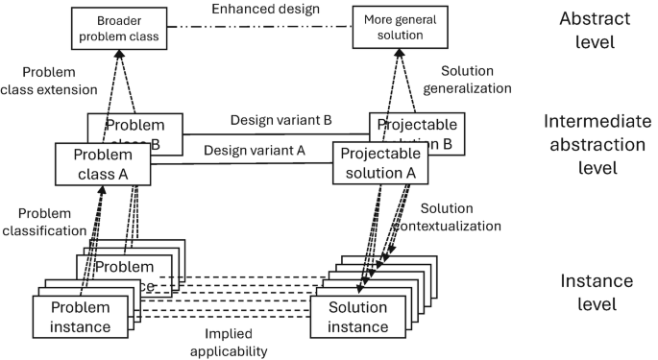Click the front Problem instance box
tap(81, 317)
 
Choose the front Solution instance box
tap(358, 317)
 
